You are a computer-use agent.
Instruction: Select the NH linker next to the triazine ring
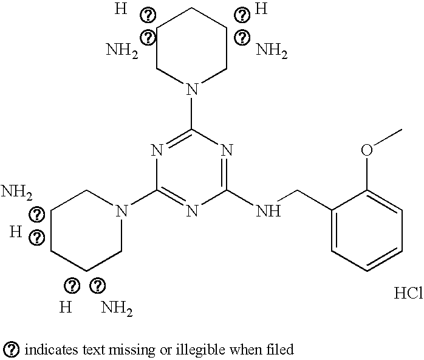(x=268, y=211)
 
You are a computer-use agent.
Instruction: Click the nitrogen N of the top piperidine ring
(x=192, y=91)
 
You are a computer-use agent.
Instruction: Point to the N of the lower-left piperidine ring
(x=121, y=211)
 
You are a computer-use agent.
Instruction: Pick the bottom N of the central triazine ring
(x=192, y=211)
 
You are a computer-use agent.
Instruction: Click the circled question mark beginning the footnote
(x=12, y=350)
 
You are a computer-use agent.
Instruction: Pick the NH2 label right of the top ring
(x=272, y=50)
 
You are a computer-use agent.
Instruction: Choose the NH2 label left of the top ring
(x=122, y=50)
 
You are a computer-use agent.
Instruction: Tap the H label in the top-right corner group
(x=261, y=9)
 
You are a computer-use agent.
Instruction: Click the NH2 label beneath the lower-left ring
(x=117, y=308)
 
